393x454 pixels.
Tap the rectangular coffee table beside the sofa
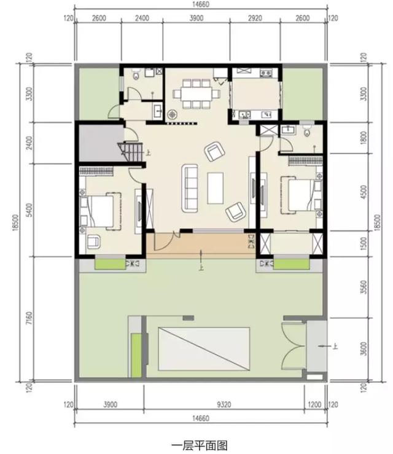[216, 188]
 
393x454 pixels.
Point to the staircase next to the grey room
[133, 151]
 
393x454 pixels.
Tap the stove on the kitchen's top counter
[265, 74]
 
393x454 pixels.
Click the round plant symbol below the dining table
[173, 114]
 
